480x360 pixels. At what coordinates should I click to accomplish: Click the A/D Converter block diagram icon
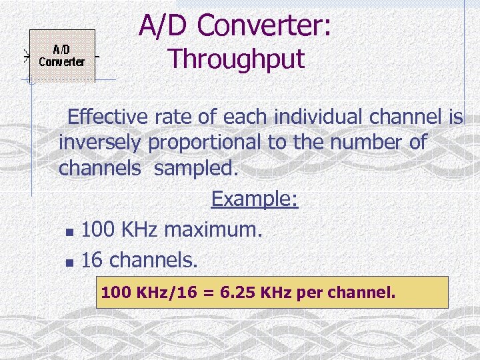tap(62, 55)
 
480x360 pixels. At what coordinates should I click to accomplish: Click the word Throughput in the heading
tap(236, 59)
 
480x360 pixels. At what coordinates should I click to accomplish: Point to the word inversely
tap(101, 143)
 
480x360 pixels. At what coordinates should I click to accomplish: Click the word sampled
tap(195, 168)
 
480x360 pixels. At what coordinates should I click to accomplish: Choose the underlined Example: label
tap(255, 199)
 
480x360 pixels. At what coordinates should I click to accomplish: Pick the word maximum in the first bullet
tap(214, 230)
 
